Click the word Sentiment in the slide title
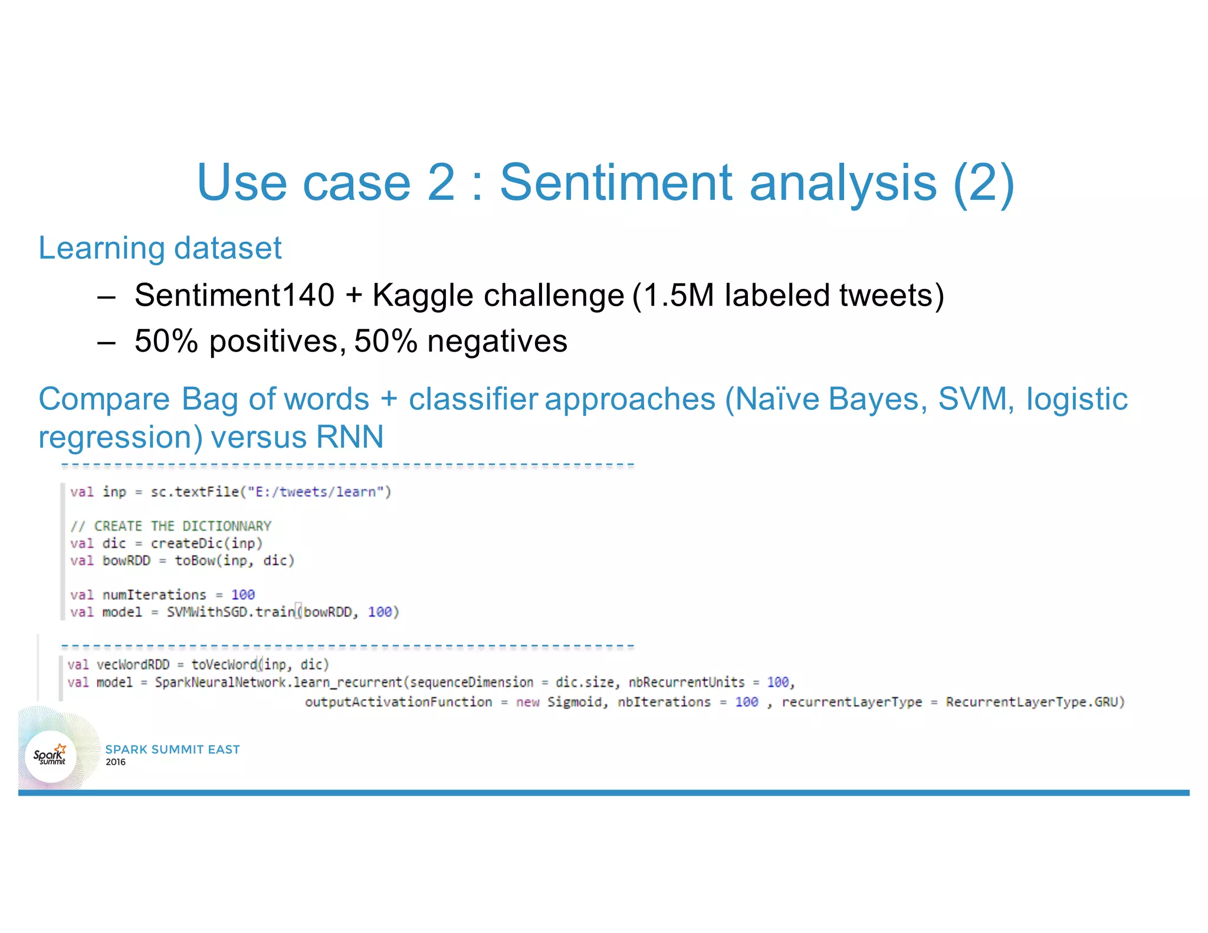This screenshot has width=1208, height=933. (617, 182)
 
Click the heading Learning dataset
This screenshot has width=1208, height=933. (160, 248)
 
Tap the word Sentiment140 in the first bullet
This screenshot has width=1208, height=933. (234, 295)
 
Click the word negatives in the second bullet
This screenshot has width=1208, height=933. (497, 341)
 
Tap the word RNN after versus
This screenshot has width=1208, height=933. (349, 437)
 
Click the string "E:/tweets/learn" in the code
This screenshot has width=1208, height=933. (315, 492)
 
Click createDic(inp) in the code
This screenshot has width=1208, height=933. (206, 543)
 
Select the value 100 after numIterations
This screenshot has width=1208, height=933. (242, 594)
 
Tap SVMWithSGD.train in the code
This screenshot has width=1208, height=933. (231, 612)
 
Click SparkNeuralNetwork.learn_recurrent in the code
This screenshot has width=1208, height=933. (278, 682)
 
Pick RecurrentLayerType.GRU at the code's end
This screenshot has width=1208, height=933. (1035, 702)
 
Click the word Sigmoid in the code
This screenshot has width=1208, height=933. (574, 702)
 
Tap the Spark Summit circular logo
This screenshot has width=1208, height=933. (51, 756)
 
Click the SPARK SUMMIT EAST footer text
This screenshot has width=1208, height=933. (172, 750)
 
